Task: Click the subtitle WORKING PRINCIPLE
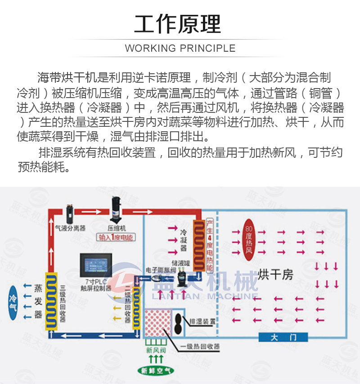pos(180,48)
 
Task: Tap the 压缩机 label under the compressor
pos(117,228)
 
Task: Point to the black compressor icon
pos(116,210)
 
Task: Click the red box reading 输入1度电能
pos(116,237)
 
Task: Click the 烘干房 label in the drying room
pos(276,274)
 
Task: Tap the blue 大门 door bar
pos(283,337)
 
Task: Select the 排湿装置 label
pos(201,321)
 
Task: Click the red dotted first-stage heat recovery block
pos(155,326)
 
